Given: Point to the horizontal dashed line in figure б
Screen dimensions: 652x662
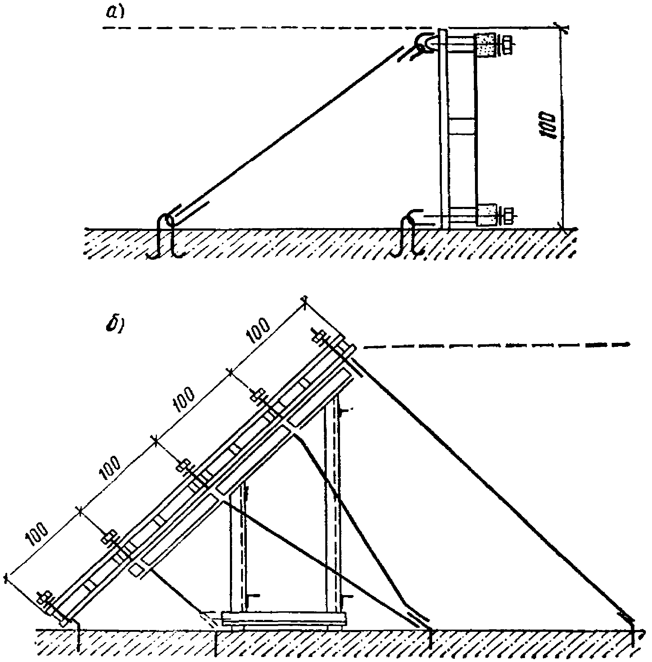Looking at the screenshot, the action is click(497, 345).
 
